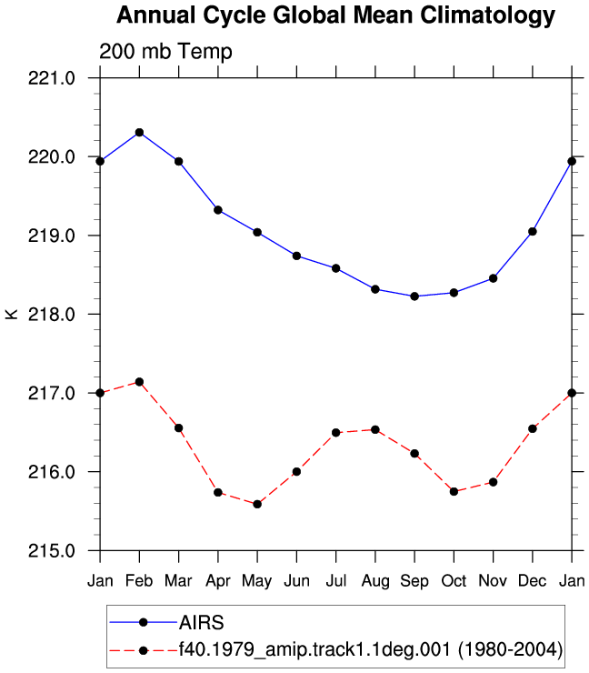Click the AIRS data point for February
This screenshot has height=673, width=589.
139,132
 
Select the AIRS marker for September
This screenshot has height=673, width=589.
414,296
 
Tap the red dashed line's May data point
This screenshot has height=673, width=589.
257,504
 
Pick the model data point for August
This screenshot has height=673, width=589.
375,429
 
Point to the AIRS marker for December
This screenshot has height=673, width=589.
533,232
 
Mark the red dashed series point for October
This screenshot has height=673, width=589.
454,491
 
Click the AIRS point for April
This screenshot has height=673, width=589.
218,210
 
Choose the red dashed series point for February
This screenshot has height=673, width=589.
139,382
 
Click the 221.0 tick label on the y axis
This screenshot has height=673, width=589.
52,78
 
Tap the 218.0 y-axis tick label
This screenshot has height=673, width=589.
52,315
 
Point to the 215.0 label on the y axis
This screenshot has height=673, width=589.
52,550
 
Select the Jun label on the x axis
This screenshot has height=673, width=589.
297,581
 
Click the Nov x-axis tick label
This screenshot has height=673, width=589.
493,581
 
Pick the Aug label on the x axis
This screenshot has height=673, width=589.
375,581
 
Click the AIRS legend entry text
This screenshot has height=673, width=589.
202,622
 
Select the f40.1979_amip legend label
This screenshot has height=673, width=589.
371,649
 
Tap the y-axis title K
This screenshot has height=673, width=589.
12,314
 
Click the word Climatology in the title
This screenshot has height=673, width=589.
488,15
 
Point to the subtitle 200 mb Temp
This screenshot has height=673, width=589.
165,52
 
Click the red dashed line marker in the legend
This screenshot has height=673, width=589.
144,650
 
